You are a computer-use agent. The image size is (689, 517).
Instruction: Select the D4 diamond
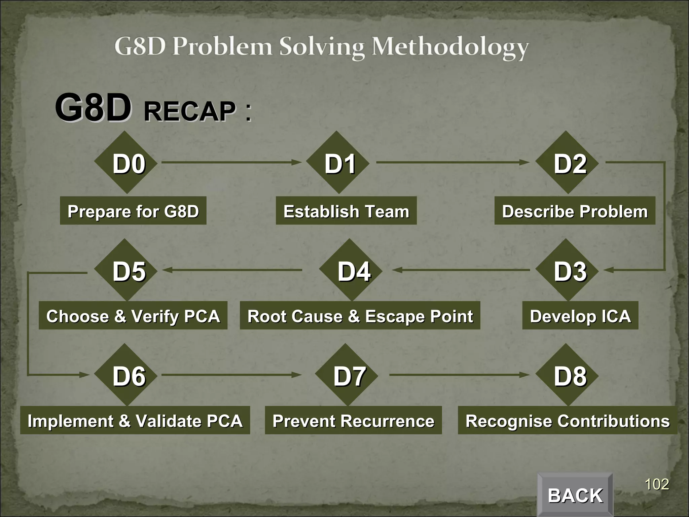351,270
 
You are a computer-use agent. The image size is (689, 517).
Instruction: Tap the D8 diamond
567,375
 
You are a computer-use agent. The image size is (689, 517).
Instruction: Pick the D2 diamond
567,163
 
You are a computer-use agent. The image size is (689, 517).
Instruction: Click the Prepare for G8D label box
133,211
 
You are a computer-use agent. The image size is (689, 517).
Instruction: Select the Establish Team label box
346,211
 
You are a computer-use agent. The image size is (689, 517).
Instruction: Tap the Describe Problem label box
575,211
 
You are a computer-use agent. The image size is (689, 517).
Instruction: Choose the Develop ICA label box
580,315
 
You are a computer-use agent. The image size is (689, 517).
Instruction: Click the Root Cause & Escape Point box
360,315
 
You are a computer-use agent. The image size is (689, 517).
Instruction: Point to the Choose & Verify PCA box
133,315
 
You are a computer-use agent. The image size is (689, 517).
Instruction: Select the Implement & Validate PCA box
135,420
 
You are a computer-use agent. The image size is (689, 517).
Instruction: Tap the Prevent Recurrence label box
353,420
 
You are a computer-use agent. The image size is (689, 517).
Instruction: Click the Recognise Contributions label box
567,420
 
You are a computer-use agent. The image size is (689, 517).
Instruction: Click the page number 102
656,485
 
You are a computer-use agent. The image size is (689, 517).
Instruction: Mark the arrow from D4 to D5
232,270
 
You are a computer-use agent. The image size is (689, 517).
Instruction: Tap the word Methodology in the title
450,47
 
